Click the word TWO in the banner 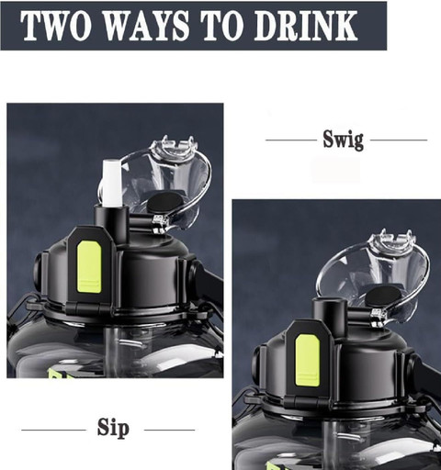click(x=57, y=26)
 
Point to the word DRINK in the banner click(x=306, y=26)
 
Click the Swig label click(x=344, y=140)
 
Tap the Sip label click(x=113, y=428)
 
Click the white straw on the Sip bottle click(x=112, y=183)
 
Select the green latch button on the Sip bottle click(x=89, y=266)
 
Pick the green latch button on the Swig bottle click(x=308, y=360)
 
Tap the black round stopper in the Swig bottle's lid click(x=383, y=296)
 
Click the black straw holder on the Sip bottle click(x=111, y=224)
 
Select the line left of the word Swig click(x=291, y=140)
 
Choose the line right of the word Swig click(x=399, y=140)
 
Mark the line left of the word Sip click(x=53, y=430)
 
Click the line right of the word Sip click(x=169, y=430)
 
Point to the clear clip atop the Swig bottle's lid click(x=393, y=241)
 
